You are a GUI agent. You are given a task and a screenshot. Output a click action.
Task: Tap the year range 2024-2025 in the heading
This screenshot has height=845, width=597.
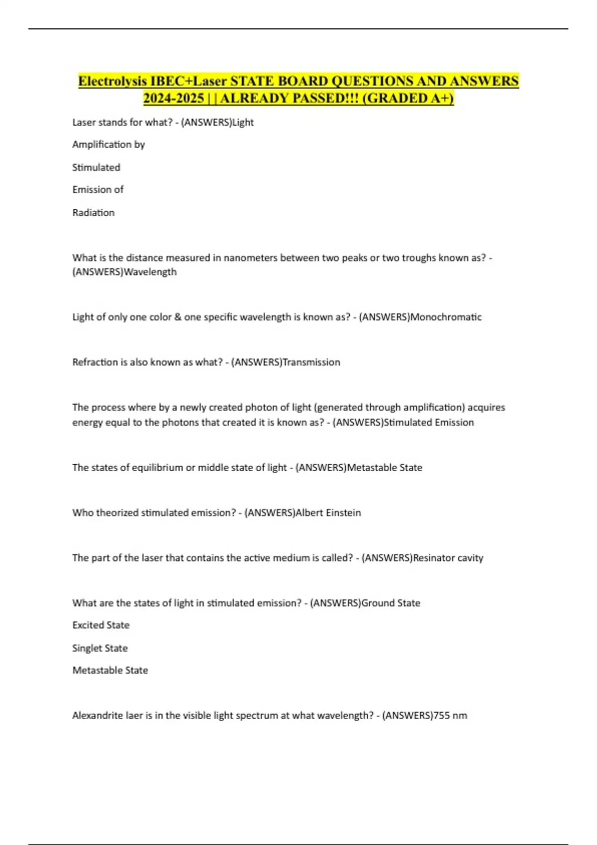pyautogui.click(x=173, y=98)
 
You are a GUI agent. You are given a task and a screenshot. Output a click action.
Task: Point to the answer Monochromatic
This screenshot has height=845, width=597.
pyautogui.click(x=445, y=317)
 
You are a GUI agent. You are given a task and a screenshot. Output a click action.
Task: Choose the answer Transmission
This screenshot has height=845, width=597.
pyautogui.click(x=311, y=362)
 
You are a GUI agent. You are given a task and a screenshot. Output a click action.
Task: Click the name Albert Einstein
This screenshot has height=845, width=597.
pyautogui.click(x=328, y=513)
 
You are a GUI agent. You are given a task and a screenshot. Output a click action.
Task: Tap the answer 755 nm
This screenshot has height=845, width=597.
pyautogui.click(x=450, y=716)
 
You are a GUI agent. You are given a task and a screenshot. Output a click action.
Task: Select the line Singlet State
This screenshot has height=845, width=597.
pyautogui.click(x=100, y=648)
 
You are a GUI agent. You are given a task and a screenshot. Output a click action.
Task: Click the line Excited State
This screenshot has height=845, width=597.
pyautogui.click(x=101, y=625)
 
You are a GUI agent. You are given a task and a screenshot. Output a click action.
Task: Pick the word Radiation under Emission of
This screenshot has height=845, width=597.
pyautogui.click(x=94, y=213)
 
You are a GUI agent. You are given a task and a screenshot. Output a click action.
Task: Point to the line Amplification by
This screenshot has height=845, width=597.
pyautogui.click(x=108, y=145)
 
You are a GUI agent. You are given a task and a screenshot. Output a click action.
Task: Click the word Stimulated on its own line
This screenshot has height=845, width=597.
pyautogui.click(x=96, y=168)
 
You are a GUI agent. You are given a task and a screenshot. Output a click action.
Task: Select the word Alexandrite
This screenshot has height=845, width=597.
pyautogui.click(x=99, y=716)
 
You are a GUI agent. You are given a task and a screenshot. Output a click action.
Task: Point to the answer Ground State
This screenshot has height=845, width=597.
pyautogui.click(x=391, y=603)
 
